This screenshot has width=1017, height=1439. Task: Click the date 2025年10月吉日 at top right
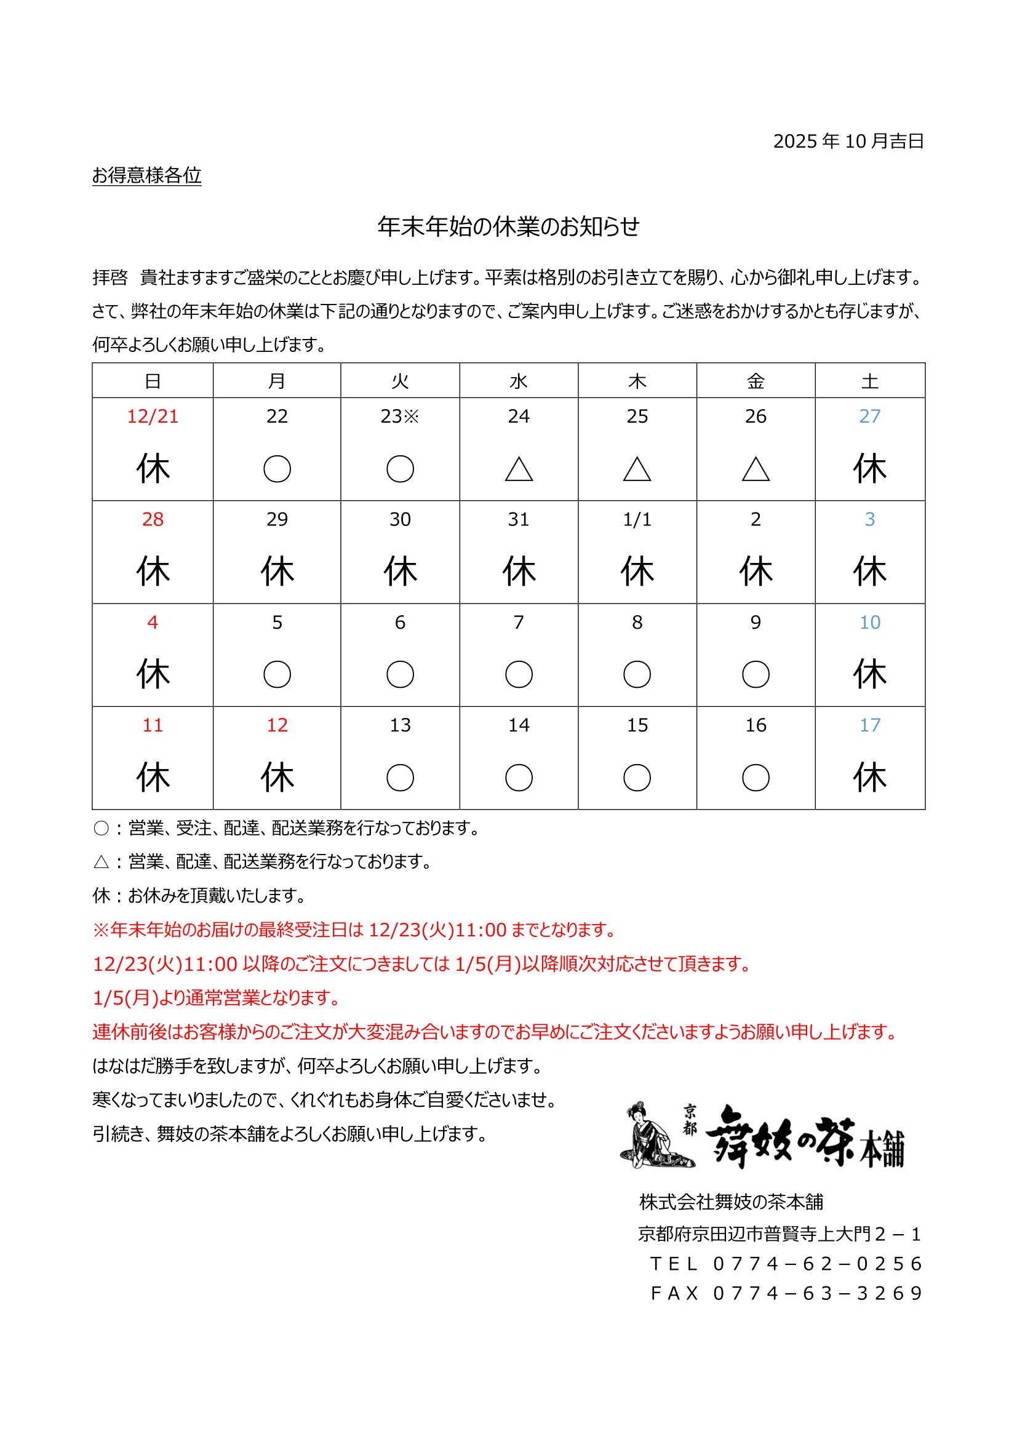point(848,141)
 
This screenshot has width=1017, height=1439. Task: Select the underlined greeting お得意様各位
point(146,175)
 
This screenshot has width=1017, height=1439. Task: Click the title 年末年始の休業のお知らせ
point(508,226)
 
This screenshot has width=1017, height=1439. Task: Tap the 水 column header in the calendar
point(518,380)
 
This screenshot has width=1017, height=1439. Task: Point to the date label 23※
point(400,416)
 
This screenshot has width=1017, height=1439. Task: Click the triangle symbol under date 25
point(637,469)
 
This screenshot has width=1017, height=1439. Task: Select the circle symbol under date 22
point(277,469)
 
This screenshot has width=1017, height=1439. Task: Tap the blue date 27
point(869,416)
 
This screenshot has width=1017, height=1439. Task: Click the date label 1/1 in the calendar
point(637,519)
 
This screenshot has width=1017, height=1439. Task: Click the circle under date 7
point(518,674)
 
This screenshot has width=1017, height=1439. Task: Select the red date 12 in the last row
point(277,725)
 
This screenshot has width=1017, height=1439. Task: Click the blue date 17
point(869,725)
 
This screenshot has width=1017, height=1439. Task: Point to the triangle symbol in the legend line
point(101,863)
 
